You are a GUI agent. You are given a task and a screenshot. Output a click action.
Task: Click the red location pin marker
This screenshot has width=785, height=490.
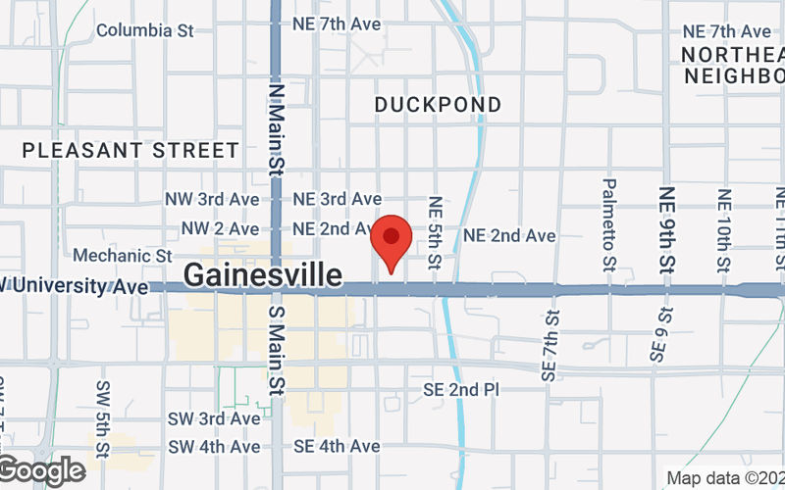(x=392, y=239)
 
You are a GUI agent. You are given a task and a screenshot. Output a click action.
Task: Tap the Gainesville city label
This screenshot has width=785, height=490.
(x=263, y=275)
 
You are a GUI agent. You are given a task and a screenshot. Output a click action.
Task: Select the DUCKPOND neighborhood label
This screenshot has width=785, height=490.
(x=439, y=105)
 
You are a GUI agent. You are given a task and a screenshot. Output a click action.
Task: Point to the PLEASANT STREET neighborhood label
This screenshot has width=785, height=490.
(x=131, y=150)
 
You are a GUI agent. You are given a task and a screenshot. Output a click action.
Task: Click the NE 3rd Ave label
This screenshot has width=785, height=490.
(x=338, y=199)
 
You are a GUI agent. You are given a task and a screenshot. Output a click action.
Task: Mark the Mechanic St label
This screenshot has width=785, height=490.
(x=123, y=255)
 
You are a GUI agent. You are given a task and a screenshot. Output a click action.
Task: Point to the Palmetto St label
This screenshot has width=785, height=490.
(x=609, y=223)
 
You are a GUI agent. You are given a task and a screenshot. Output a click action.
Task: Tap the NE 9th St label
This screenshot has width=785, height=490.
(x=667, y=229)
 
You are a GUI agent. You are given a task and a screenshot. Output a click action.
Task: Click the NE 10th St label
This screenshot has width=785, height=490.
(x=724, y=232)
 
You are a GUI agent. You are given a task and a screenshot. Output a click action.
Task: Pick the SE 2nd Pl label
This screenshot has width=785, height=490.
(x=461, y=390)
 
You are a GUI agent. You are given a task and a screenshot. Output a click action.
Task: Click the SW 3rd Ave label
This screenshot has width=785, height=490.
(x=214, y=418)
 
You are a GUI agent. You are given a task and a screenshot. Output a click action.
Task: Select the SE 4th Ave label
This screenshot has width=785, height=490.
(x=337, y=446)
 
